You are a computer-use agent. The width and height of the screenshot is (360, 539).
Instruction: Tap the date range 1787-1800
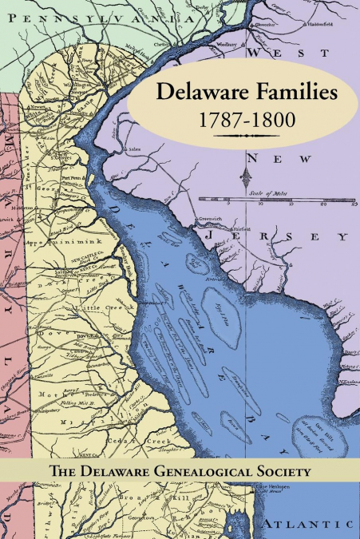[247, 121]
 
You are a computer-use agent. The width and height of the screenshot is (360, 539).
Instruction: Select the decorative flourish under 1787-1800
[247, 137]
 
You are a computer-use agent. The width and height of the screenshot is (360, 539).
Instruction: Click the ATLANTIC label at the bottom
[307, 525]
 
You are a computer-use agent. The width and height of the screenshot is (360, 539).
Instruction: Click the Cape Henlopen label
[273, 488]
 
